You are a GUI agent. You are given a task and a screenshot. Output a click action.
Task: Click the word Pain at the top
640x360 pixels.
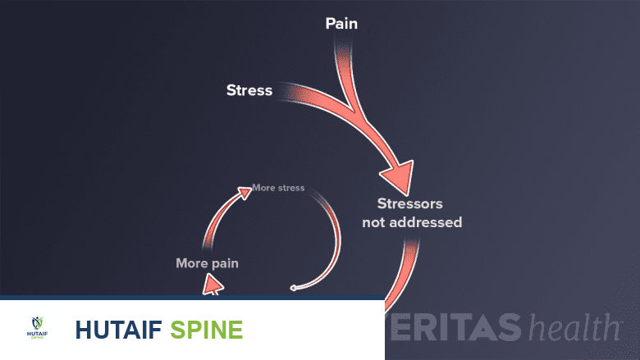tap(341, 24)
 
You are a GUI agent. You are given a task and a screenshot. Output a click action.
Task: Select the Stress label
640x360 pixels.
tap(249, 90)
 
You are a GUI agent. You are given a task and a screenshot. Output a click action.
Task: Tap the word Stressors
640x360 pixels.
tap(410, 203)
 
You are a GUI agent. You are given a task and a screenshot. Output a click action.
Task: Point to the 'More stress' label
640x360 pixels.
tap(278, 188)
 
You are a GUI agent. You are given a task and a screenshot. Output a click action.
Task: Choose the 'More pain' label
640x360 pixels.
tap(207, 263)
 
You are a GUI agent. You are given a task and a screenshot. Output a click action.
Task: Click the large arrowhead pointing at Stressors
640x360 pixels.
tap(396, 173)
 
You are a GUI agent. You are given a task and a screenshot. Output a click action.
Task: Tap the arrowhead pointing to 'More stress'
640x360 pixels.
tap(244, 193)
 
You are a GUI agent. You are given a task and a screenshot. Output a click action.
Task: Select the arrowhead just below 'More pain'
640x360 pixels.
tap(213, 284)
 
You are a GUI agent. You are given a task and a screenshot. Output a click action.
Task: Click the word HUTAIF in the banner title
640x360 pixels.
tap(118, 330)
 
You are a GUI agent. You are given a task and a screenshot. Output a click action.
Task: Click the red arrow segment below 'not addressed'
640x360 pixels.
tap(402, 271)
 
